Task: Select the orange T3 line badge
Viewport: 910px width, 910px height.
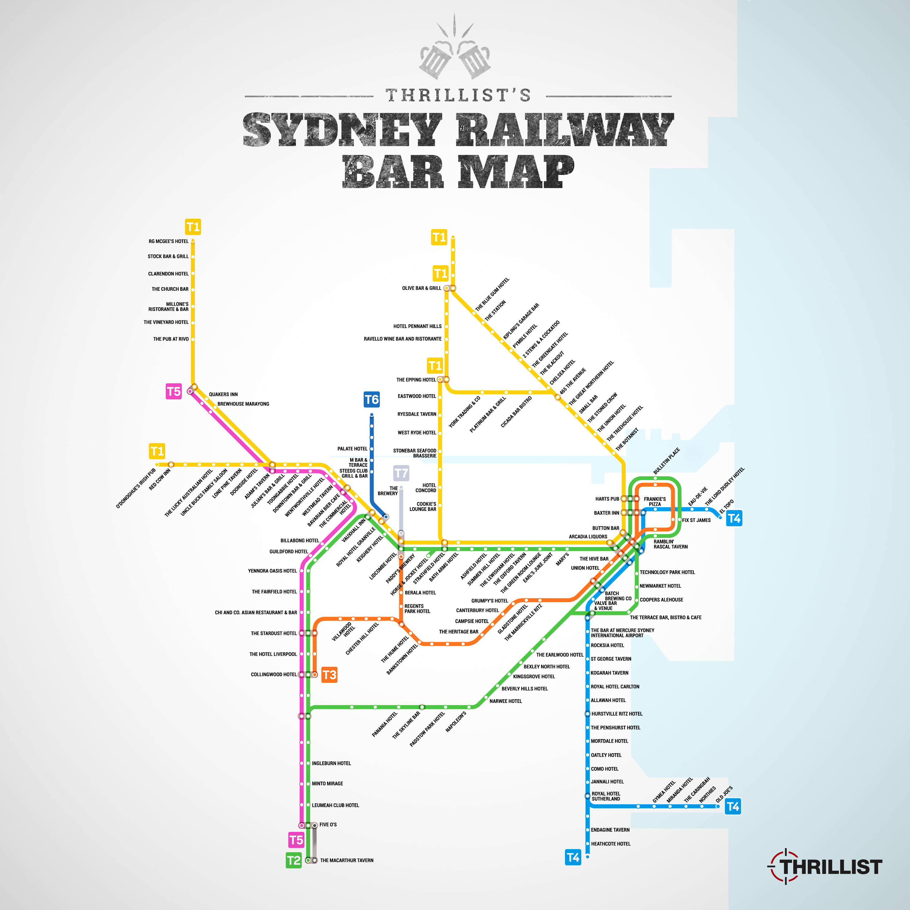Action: pyautogui.click(x=329, y=674)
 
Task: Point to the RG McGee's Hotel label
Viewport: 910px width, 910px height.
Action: pyautogui.click(x=168, y=241)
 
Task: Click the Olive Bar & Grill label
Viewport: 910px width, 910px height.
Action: pyautogui.click(x=421, y=288)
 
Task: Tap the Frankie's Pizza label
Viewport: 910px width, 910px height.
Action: pyautogui.click(x=654, y=501)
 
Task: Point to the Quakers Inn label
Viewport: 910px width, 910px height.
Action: pyautogui.click(x=223, y=394)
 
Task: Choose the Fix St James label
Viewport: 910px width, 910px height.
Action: pyautogui.click(x=696, y=520)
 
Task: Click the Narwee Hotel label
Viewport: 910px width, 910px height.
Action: pyautogui.click(x=505, y=701)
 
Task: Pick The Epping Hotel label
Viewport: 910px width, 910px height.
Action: pyautogui.click(x=416, y=379)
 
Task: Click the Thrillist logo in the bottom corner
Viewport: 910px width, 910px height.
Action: pyautogui.click(x=826, y=867)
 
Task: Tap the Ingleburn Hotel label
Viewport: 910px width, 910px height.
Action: pyautogui.click(x=331, y=763)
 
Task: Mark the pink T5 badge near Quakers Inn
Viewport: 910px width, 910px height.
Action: pyautogui.click(x=173, y=391)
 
